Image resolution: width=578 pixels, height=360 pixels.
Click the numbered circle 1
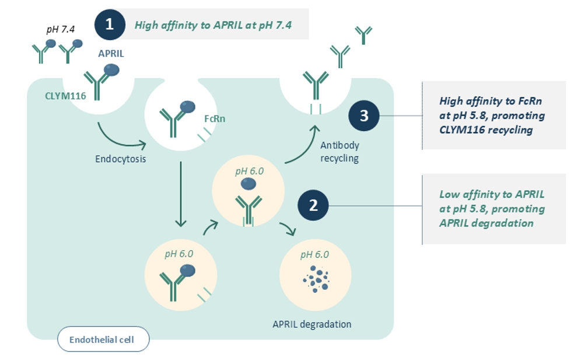click(110, 25)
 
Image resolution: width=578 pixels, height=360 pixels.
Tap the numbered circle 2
click(313, 205)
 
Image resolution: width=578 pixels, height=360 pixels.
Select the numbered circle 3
click(364, 116)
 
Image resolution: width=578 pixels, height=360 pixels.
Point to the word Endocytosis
click(120, 158)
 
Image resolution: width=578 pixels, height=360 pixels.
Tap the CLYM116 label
click(65, 96)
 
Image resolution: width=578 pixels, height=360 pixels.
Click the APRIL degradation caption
click(312, 324)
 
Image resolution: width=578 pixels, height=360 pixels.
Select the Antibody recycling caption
click(339, 152)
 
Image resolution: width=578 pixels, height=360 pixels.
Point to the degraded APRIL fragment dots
click(316, 279)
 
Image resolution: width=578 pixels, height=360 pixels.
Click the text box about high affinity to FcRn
click(493, 115)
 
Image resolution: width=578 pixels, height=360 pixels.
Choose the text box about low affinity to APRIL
click(493, 208)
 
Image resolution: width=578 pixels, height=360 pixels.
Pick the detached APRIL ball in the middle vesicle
click(248, 184)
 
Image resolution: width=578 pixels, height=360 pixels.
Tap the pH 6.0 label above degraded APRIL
click(314, 254)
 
